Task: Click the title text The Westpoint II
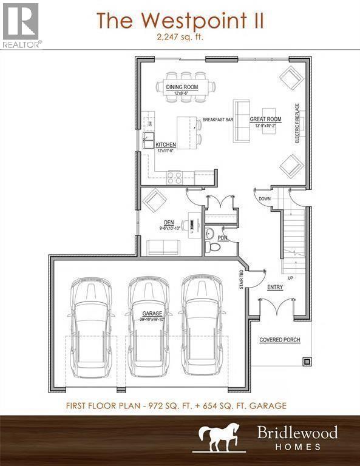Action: click(180, 21)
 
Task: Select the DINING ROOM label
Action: click(182, 87)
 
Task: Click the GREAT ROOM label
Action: click(266, 120)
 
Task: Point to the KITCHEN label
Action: click(166, 145)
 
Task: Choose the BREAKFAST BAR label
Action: click(218, 120)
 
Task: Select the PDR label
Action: click(222, 238)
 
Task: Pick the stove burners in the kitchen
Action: click(174, 178)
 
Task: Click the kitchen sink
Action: click(148, 143)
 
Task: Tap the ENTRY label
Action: click(275, 288)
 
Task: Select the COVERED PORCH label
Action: click(280, 340)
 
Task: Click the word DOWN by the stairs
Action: click(265, 199)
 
